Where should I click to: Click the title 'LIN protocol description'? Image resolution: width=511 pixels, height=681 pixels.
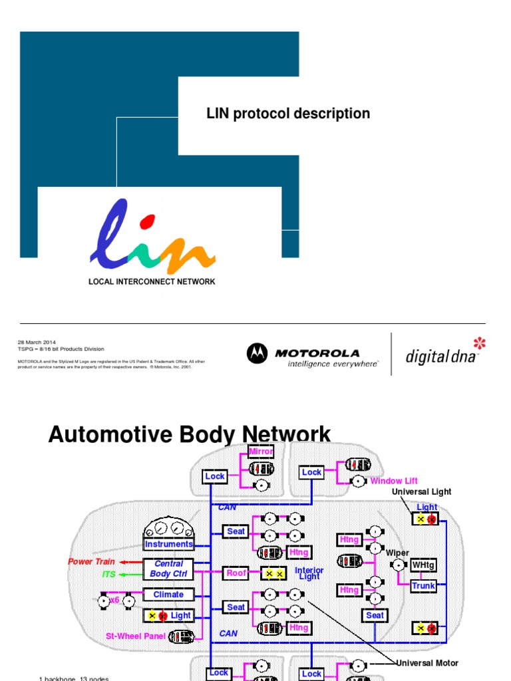288,114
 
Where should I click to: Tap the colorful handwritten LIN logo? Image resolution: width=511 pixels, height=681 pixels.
152,235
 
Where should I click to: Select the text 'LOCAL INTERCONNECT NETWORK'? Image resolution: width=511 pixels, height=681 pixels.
152,281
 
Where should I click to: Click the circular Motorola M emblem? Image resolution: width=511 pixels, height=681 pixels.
257,354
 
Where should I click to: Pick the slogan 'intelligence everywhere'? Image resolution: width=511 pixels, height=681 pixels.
333,364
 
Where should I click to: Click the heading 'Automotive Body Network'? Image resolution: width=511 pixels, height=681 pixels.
190,435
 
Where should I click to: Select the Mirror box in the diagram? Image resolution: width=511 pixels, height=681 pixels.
261,452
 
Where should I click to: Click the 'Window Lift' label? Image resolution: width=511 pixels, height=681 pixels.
395,481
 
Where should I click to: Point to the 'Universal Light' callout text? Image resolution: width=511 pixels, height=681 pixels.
421,491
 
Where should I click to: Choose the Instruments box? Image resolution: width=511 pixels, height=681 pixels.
169,544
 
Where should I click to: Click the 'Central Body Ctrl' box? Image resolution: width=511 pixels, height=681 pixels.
169,569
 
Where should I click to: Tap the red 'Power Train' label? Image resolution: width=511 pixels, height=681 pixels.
91,561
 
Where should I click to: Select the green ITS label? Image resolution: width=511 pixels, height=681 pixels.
108,574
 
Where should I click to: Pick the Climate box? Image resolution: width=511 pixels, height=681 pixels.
169,595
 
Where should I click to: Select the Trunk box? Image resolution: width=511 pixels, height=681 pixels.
423,586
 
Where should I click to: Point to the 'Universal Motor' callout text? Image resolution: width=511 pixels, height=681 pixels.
427,663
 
